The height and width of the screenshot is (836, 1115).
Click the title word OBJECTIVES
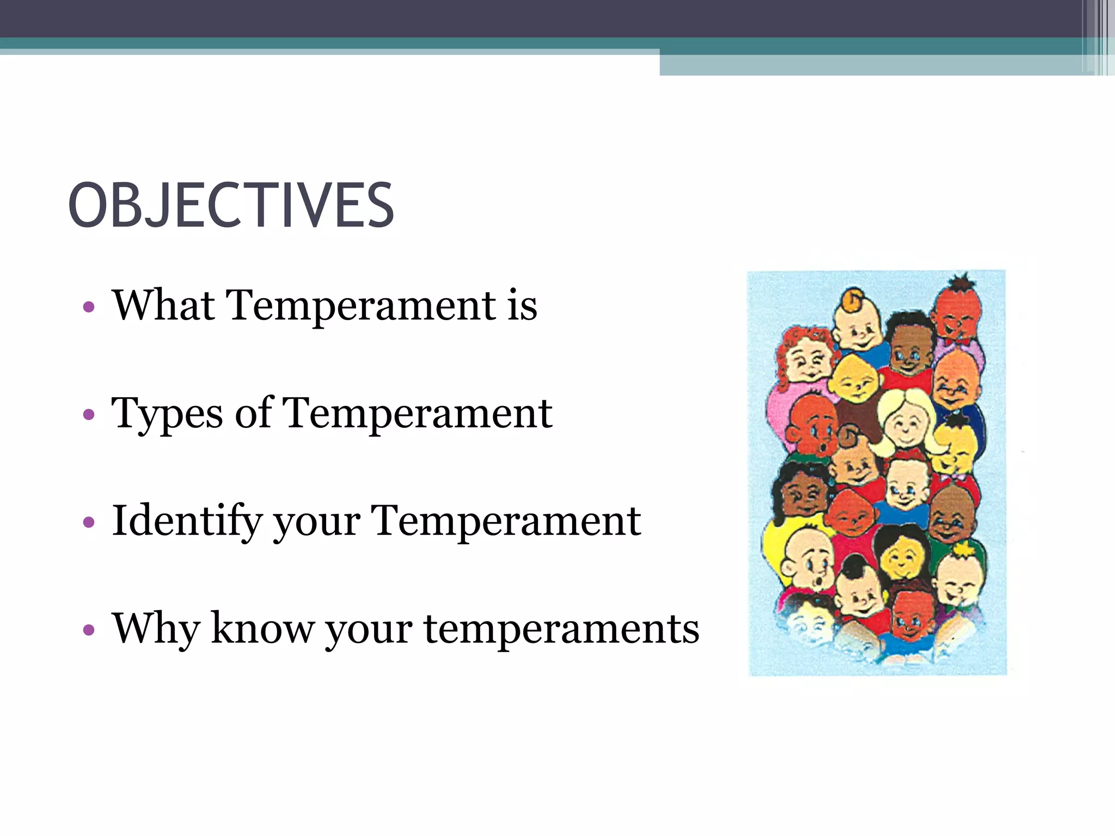coord(231,205)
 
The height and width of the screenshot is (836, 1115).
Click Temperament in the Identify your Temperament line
coord(506,521)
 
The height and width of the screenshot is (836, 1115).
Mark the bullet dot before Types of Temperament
coord(89,415)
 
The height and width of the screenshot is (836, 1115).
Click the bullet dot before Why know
coord(89,630)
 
